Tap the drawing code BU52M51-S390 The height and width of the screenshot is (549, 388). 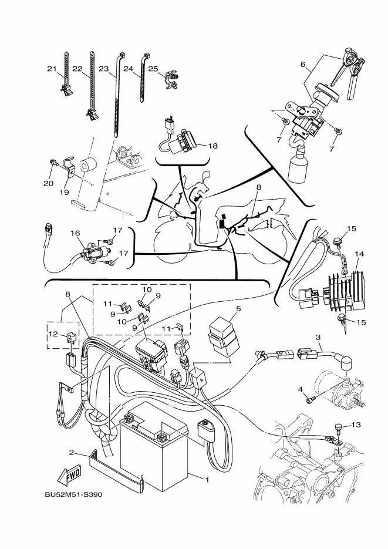pyautogui.click(x=73, y=495)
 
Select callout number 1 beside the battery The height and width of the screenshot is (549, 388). pyautogui.click(x=207, y=479)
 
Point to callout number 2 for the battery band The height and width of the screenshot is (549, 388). pyautogui.click(x=72, y=453)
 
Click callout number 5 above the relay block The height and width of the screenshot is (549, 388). pyautogui.click(x=238, y=309)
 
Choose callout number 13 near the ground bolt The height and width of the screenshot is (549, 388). pyautogui.click(x=356, y=425)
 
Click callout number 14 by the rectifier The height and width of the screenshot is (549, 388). pyautogui.click(x=359, y=254)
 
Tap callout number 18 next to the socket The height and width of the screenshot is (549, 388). pyautogui.click(x=212, y=146)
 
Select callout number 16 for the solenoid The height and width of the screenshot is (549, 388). pyautogui.click(x=75, y=233)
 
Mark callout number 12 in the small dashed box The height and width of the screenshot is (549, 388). pyautogui.click(x=53, y=334)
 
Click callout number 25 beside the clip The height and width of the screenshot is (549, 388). pyautogui.click(x=153, y=69)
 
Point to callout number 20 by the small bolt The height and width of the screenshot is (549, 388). pyautogui.click(x=48, y=183)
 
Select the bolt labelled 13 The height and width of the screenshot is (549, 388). pyautogui.click(x=338, y=429)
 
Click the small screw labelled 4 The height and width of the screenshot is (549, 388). pyautogui.click(x=311, y=399)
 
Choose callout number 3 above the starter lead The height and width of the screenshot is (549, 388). pyautogui.click(x=318, y=338)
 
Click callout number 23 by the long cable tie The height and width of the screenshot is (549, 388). pyautogui.click(x=104, y=69)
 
